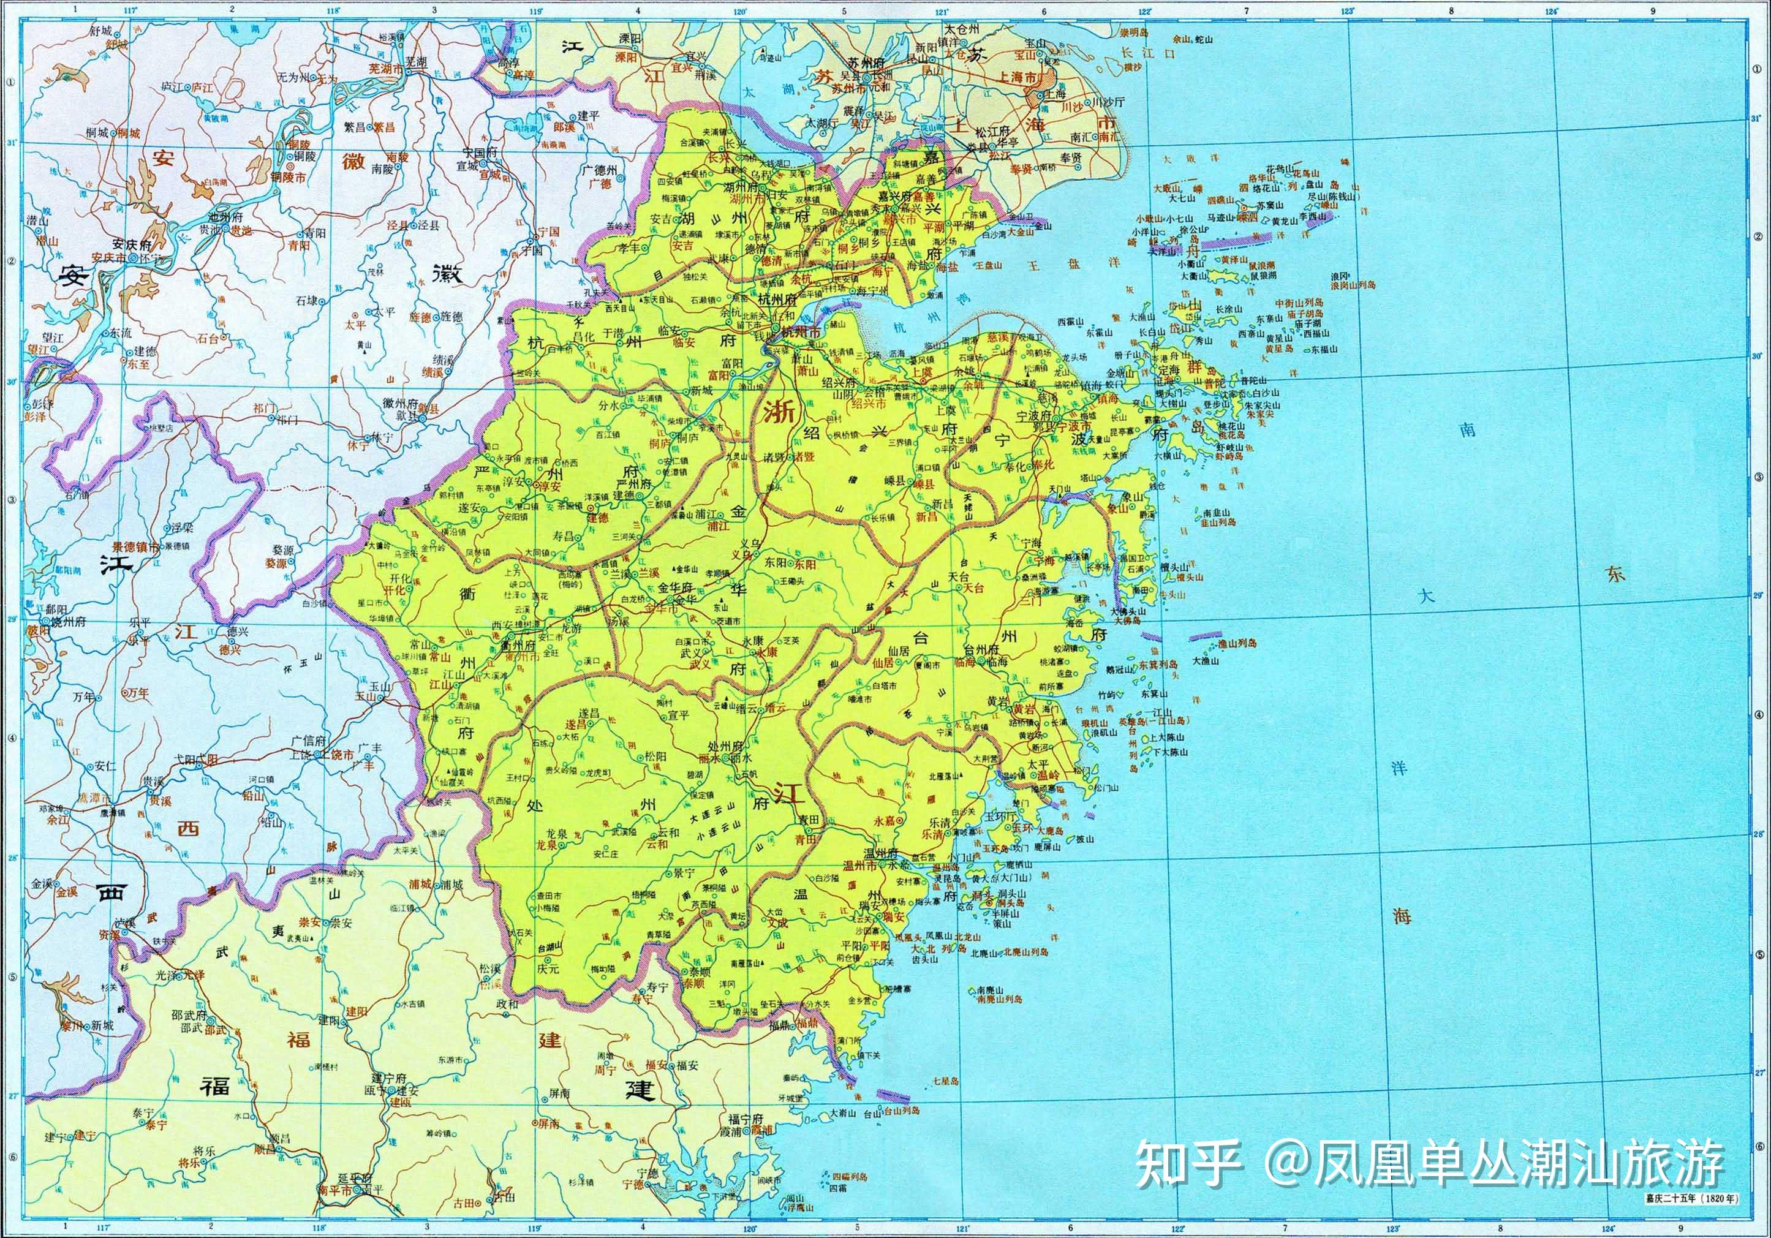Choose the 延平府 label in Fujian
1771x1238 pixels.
point(355,1179)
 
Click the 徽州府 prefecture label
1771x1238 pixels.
point(399,402)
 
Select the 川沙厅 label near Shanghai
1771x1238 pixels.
point(1110,102)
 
